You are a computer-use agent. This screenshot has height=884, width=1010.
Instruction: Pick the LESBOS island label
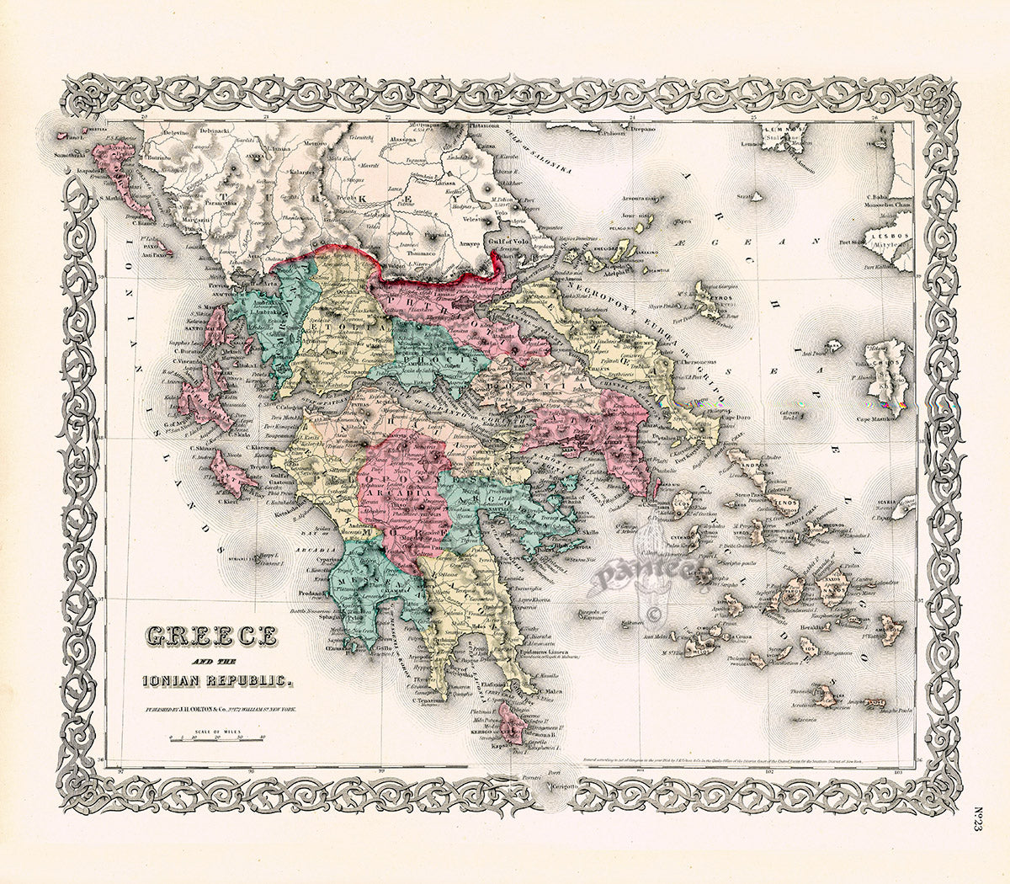point(889,237)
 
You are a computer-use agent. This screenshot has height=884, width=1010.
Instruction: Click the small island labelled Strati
point(744,195)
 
